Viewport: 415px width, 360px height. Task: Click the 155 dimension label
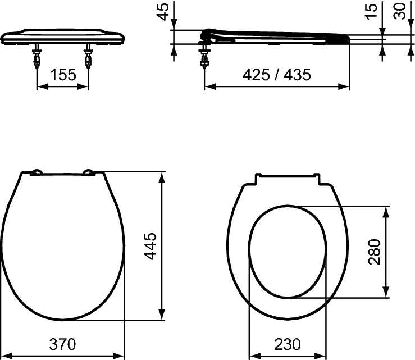[x=63, y=75]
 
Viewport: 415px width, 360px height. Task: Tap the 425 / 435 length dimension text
[x=277, y=75]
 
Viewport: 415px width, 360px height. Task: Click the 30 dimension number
[x=399, y=11]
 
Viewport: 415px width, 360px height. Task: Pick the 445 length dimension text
[x=151, y=246]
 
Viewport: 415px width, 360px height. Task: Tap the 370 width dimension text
[x=62, y=344]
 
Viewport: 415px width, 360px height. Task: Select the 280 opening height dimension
[x=375, y=252]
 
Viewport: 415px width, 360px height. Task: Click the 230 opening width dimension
[x=288, y=344]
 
